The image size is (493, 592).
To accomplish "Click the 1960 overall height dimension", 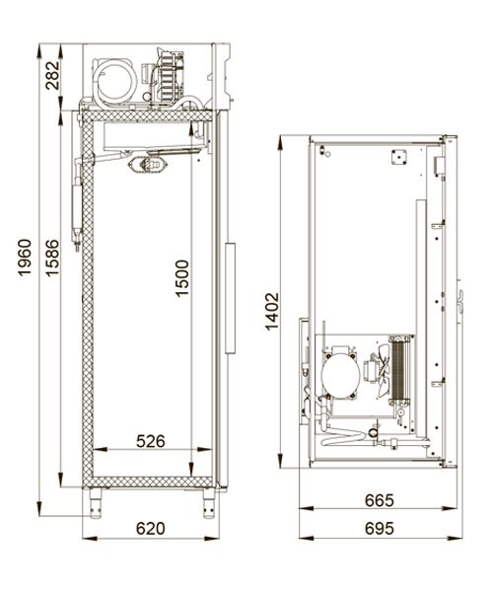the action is tap(25, 258).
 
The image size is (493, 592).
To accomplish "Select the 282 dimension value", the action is tap(53, 76).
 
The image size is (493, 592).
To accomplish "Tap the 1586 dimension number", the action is tap(53, 258).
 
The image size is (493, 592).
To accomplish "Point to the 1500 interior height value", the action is tap(182, 278).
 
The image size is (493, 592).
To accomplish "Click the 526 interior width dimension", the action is tap(151, 441).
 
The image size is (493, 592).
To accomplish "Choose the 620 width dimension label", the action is tap(151, 529).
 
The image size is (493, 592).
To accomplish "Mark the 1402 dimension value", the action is tap(271, 312).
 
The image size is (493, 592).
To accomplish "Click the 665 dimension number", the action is tap(379, 500).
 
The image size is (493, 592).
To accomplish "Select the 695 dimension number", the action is tap(379, 529).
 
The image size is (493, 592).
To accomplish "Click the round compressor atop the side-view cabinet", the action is tap(114, 81).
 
